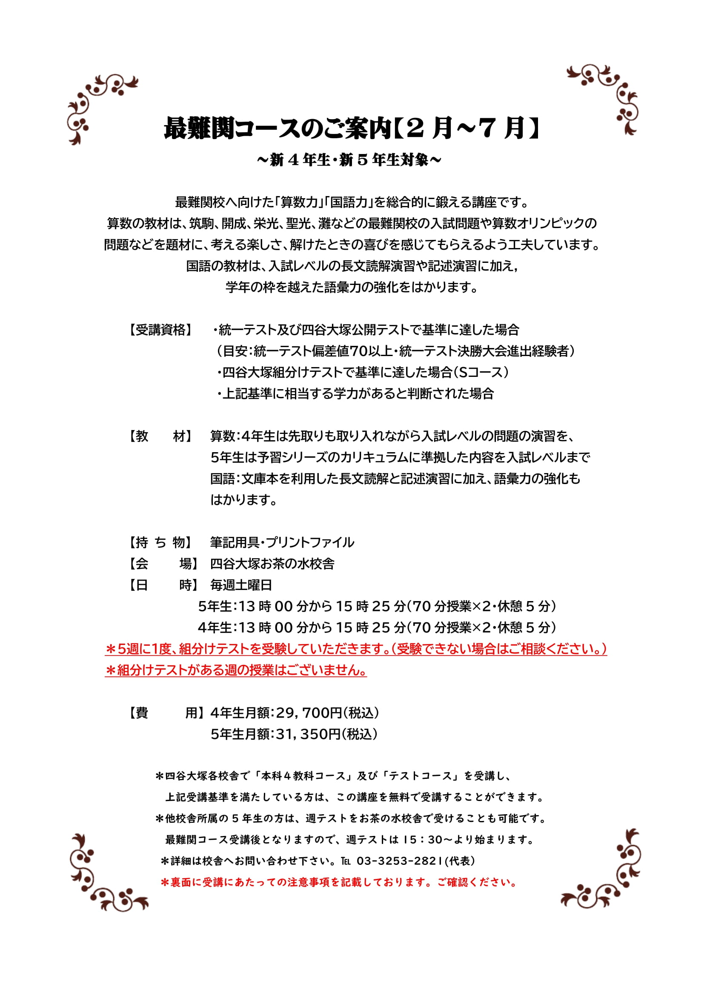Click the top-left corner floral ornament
click(99, 108)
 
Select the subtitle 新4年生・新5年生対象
click(349, 160)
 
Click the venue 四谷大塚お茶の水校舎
click(272, 563)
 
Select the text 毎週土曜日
click(241, 585)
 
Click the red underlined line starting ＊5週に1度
click(355, 649)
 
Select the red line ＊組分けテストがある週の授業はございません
click(236, 670)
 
